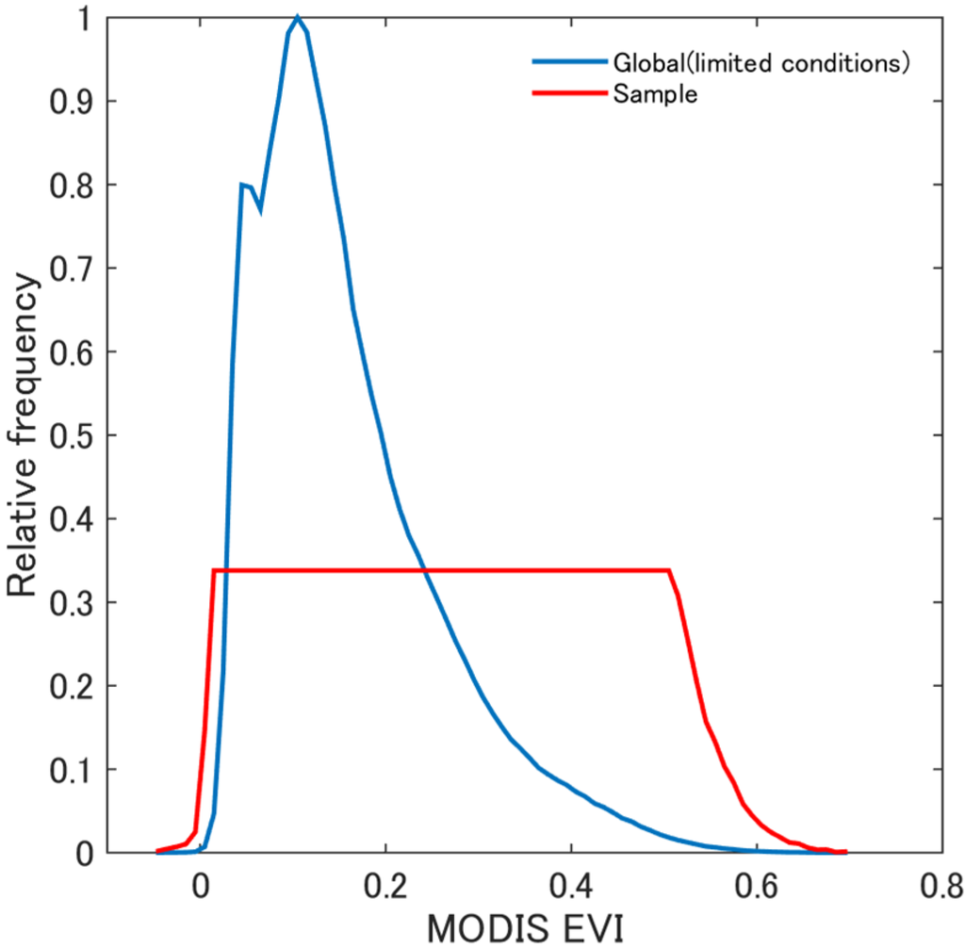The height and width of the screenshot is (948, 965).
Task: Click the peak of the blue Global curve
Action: [x=297, y=17]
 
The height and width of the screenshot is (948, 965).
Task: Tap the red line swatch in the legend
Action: [x=569, y=93]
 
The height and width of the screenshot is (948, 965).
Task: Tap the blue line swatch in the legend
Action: [x=569, y=63]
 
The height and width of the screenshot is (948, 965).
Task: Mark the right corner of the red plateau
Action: [x=669, y=570]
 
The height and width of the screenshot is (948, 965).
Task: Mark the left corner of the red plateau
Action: [x=215, y=570]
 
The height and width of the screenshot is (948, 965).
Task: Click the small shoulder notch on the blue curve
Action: [x=259, y=209]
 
